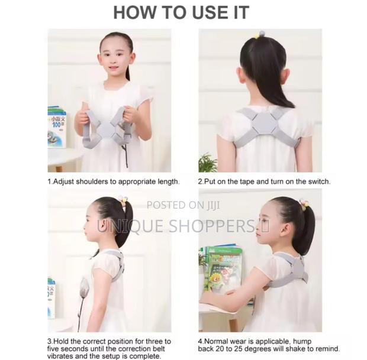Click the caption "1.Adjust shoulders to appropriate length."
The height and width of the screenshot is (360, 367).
[x=113, y=181]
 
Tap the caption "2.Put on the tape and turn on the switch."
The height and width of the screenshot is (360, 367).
[x=264, y=181]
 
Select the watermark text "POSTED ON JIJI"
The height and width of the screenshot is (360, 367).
[x=183, y=205]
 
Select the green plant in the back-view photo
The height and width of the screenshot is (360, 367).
[x=207, y=162]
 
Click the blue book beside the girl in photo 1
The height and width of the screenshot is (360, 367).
[x=57, y=127]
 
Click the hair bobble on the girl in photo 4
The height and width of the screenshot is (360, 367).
[x=304, y=205]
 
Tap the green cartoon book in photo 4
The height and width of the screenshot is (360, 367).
[x=224, y=268]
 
